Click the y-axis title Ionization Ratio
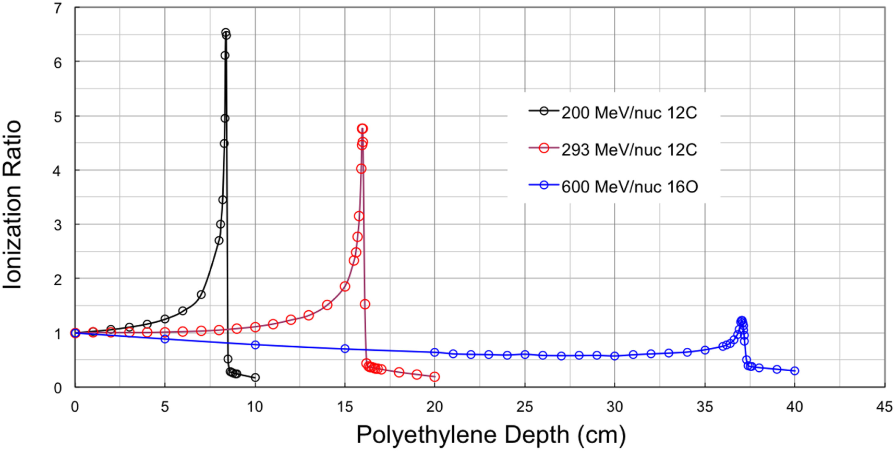coord(13,204)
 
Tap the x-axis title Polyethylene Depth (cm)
coord(490,435)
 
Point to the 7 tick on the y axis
coord(57,8)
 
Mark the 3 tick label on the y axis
coord(57,225)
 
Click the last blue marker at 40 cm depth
coord(794,371)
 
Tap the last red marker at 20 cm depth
coord(435,376)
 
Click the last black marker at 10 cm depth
coord(255,377)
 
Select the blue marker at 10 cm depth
coord(255,345)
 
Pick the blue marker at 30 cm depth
coord(614,356)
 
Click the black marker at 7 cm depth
coord(201,295)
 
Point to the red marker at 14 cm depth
coord(327,305)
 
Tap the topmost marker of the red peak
coord(362,129)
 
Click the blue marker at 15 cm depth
coord(345,348)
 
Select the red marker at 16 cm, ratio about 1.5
coord(365,304)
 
